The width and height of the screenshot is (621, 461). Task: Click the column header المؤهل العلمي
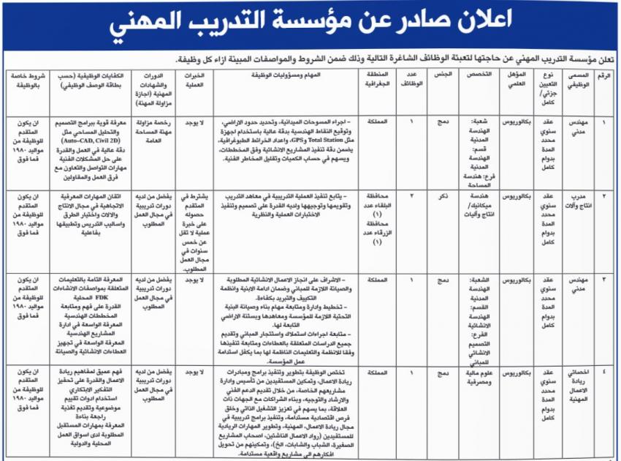tap(516, 80)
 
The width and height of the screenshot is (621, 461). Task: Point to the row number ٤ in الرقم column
tap(603, 372)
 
